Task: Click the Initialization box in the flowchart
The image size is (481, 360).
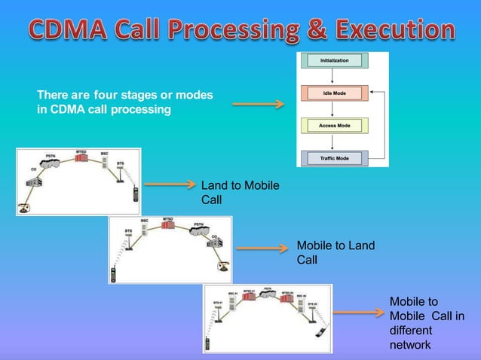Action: (x=334, y=60)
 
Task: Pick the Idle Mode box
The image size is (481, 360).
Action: (x=334, y=93)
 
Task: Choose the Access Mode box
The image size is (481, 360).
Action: (x=334, y=126)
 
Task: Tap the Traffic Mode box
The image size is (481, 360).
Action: (x=334, y=158)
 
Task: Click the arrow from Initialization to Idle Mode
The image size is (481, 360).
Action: (x=334, y=77)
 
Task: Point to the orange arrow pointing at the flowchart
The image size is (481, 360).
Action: (x=258, y=104)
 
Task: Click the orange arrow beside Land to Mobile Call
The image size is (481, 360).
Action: (x=170, y=183)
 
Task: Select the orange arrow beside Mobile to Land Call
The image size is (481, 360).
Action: (x=262, y=246)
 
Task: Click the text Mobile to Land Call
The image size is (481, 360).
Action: (x=335, y=252)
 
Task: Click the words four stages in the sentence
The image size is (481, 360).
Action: (x=124, y=96)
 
